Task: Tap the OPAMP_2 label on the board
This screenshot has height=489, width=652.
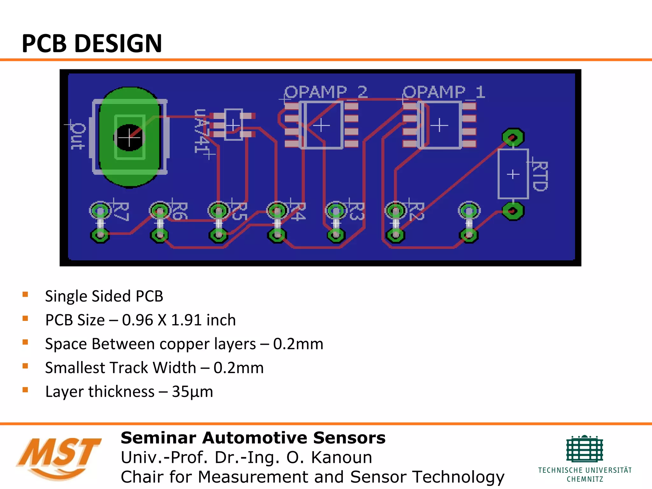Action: click(x=326, y=92)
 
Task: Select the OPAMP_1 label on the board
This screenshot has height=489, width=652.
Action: click(x=444, y=92)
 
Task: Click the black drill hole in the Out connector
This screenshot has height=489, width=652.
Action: click(x=129, y=138)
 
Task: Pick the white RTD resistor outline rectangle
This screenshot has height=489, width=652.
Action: click(x=513, y=174)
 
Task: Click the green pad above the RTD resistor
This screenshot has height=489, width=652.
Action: click(x=513, y=138)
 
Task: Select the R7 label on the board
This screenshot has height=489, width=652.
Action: click(x=121, y=211)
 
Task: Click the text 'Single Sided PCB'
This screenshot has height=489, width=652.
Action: click(x=104, y=296)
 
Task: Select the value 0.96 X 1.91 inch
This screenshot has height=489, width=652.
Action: click(x=179, y=320)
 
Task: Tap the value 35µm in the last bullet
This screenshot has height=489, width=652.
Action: click(x=192, y=392)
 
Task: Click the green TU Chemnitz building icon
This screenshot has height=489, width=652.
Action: click(x=585, y=449)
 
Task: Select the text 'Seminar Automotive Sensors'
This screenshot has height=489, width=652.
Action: click(x=253, y=438)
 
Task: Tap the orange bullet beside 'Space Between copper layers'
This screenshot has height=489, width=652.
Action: click(x=25, y=342)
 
